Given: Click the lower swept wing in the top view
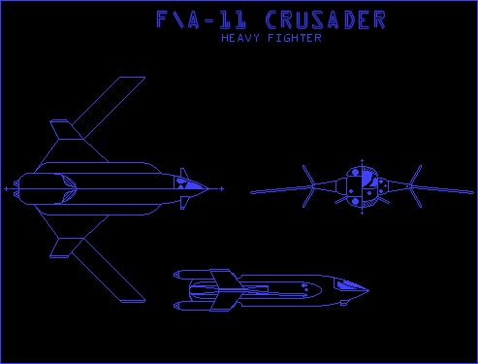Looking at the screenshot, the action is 107,266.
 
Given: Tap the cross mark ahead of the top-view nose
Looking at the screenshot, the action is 222,186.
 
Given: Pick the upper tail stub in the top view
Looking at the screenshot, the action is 61,128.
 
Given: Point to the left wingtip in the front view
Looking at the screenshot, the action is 253,192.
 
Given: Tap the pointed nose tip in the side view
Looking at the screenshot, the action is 368,289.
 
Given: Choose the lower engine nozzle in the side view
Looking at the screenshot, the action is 181,305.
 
